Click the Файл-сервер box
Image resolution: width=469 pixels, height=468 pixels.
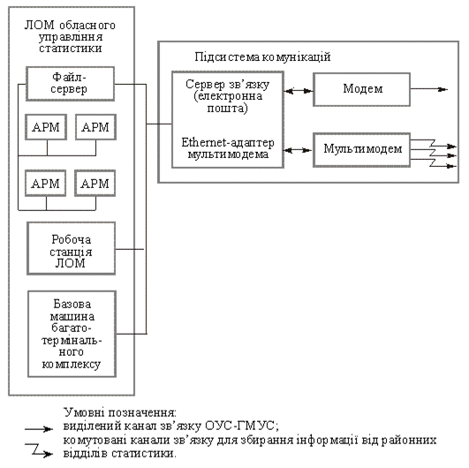[71, 83]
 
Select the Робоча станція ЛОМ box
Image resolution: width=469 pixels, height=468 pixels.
[72, 248]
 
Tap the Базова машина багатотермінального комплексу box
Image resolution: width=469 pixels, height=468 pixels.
[72, 334]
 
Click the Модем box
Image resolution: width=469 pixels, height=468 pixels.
[361, 89]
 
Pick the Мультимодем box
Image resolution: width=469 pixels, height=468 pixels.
[361, 149]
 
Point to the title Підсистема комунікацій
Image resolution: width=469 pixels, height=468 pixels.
[262, 57]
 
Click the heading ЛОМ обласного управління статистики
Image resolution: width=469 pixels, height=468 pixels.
[70, 36]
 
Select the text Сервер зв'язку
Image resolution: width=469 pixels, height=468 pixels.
[227, 85]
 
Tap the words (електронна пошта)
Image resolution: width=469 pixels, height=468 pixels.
[228, 102]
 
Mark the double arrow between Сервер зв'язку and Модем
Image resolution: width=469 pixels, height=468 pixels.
[299, 91]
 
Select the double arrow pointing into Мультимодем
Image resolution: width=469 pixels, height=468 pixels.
[299, 150]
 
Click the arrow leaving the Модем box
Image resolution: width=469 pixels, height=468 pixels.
[429, 89]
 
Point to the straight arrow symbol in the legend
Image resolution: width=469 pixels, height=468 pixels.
[39, 429]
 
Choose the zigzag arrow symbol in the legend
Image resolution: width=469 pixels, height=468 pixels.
[39, 449]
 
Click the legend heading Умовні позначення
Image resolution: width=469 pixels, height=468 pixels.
[120, 412]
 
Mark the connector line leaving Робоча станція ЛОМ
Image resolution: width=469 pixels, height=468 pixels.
[130, 249]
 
